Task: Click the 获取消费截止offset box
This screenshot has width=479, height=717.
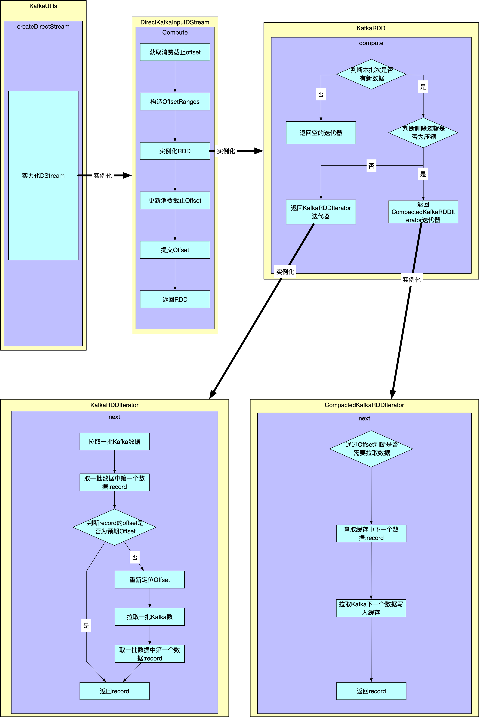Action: coord(175,52)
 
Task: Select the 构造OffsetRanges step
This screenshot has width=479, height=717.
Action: coord(175,102)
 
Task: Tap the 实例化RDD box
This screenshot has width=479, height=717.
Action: coord(175,151)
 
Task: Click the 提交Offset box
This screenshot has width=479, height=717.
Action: coord(175,250)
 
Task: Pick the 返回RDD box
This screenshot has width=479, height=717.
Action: coord(175,300)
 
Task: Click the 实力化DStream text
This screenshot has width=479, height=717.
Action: coord(43,176)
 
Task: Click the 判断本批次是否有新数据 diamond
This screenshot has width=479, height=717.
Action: coord(371,74)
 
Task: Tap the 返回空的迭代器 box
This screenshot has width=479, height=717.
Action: coord(321,133)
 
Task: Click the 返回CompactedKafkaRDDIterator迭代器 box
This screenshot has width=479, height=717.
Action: coord(423,212)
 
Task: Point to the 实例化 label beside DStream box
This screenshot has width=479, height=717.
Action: coord(103,176)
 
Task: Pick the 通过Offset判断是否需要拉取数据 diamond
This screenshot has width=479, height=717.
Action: coord(371,449)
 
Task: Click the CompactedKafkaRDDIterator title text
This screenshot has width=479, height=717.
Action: coord(364,405)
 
